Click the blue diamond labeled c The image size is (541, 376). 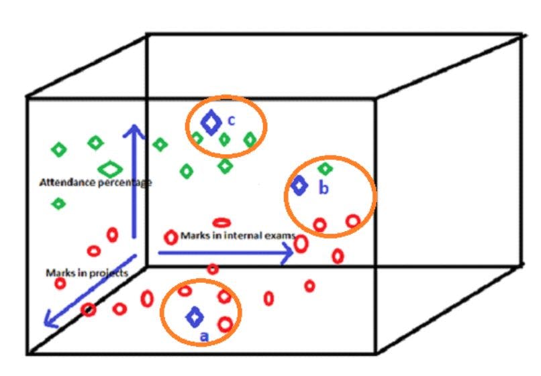211,123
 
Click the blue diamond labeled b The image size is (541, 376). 299,186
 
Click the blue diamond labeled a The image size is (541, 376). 195,316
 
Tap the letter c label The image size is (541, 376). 231,121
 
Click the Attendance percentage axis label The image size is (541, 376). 95,182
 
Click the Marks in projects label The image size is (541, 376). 86,273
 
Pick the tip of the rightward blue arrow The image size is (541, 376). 293,253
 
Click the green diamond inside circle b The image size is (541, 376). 326,169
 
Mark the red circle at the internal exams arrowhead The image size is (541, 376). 301,243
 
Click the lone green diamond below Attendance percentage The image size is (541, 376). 59,203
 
